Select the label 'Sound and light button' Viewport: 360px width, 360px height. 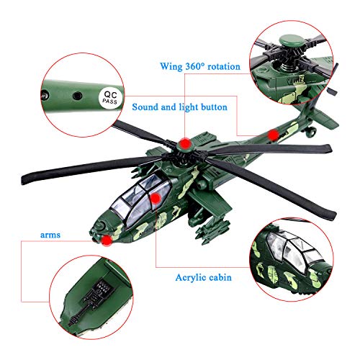coord(179,107)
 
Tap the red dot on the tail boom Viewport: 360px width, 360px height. coord(273,135)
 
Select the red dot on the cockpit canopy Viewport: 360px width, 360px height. coord(153,197)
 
